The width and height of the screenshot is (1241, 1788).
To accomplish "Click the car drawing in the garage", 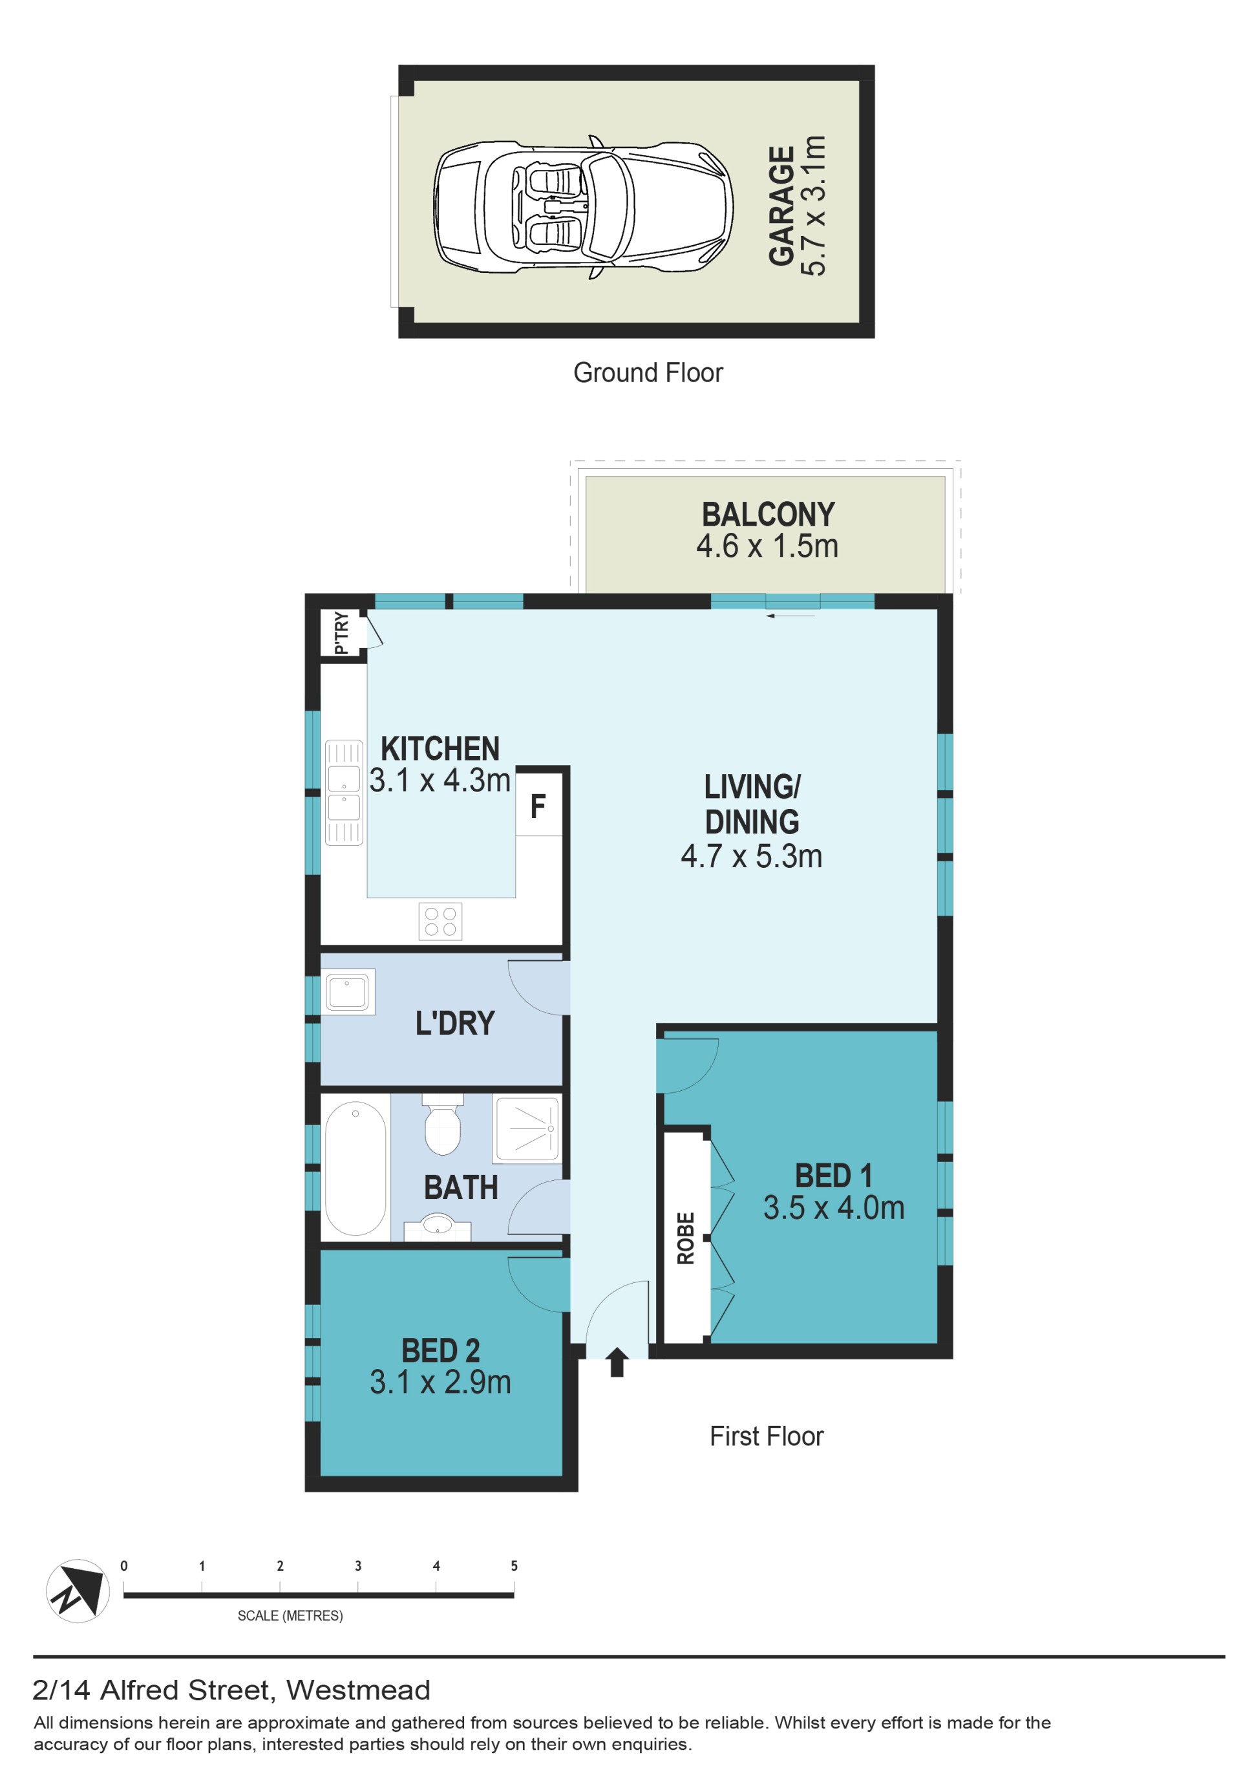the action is pyautogui.click(x=583, y=208).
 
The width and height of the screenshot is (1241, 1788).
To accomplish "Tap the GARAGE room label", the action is pyautogui.click(x=781, y=206).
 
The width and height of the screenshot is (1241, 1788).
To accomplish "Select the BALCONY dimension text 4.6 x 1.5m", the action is pyautogui.click(x=767, y=546).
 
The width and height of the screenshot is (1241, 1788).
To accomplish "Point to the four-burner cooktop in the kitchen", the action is pyautogui.click(x=440, y=921).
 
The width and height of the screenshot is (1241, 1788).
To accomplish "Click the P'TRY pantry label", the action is pyautogui.click(x=341, y=634).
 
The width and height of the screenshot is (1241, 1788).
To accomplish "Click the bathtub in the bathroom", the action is pyautogui.click(x=355, y=1168).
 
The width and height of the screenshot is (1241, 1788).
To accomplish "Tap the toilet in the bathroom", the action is pyautogui.click(x=443, y=1124).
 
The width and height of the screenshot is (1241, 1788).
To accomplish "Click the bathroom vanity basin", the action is pyautogui.click(x=437, y=1227).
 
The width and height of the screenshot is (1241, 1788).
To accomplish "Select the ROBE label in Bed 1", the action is pyautogui.click(x=685, y=1239).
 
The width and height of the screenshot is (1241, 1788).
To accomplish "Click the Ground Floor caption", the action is pyautogui.click(x=648, y=373).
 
